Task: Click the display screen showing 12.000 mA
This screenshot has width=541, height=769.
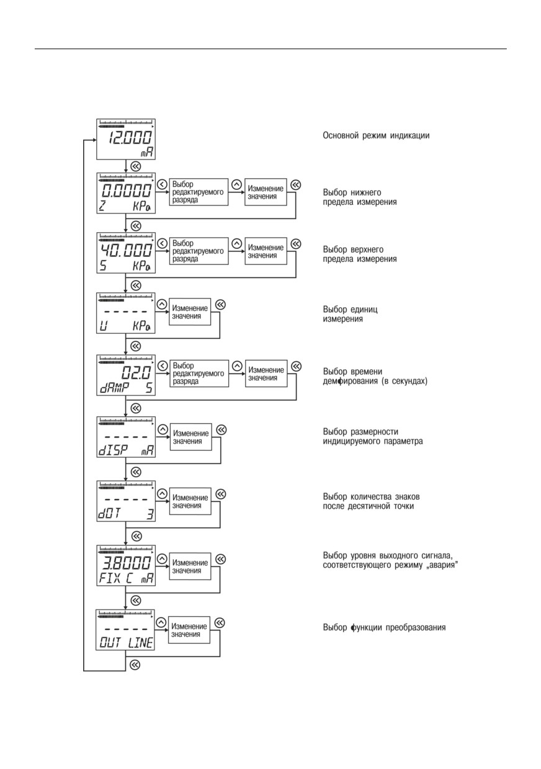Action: (x=126, y=139)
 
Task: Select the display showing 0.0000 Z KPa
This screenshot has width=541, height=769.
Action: (x=126, y=193)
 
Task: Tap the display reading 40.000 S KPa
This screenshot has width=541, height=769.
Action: (x=126, y=253)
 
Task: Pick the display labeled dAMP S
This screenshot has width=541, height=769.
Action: (x=126, y=376)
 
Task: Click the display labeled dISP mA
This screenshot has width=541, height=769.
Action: (x=126, y=437)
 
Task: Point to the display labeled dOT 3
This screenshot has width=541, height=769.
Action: (x=126, y=501)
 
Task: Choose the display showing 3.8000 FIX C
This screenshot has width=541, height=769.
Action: (x=126, y=565)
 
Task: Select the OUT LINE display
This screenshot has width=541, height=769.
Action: (x=125, y=629)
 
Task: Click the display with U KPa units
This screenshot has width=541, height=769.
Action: (x=126, y=313)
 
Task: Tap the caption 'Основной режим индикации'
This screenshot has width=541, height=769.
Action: (x=376, y=135)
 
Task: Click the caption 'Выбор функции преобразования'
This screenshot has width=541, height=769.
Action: (x=384, y=627)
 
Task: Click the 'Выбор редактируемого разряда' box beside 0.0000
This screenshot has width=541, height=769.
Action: (x=199, y=192)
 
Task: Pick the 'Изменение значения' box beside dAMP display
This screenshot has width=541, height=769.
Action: (x=266, y=374)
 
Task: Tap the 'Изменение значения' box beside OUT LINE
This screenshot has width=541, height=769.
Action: (x=189, y=630)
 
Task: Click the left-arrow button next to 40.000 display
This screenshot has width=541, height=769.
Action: (x=162, y=243)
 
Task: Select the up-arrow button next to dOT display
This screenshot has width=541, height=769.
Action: (x=162, y=493)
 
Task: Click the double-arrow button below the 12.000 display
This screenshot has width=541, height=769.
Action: (x=136, y=166)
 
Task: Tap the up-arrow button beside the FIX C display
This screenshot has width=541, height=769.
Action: (x=162, y=559)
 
